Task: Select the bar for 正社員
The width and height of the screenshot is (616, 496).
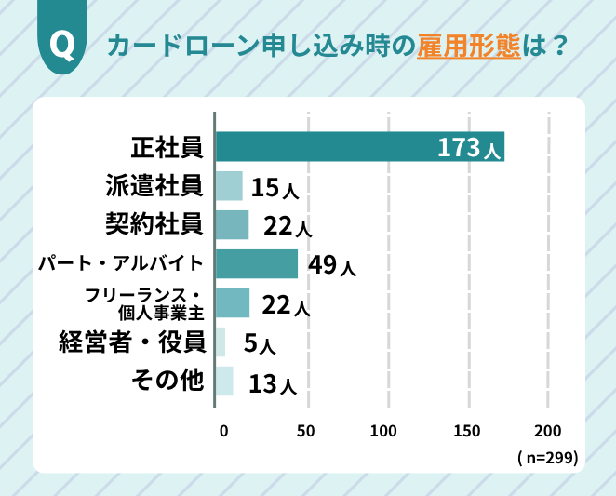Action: (x=359, y=147)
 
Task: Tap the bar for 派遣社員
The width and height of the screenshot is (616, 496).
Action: (x=229, y=186)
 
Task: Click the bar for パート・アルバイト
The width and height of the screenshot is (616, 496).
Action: (x=257, y=264)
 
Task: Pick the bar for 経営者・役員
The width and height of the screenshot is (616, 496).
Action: (x=221, y=342)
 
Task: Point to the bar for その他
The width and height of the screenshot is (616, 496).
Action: (x=224, y=382)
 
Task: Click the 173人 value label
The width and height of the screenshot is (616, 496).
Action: (x=470, y=148)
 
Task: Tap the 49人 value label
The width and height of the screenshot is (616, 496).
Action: (x=332, y=265)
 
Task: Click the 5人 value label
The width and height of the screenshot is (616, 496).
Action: (x=259, y=344)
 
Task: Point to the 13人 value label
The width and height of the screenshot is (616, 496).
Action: (x=272, y=383)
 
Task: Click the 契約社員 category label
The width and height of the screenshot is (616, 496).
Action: (x=154, y=224)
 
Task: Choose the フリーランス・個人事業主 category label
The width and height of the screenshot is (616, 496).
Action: (x=142, y=304)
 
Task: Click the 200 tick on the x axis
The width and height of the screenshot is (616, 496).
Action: (x=548, y=431)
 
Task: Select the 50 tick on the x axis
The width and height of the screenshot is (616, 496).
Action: (x=305, y=431)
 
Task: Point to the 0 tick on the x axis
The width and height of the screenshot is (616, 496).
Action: (x=224, y=431)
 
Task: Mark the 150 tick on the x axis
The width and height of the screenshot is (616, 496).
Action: (x=467, y=431)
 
